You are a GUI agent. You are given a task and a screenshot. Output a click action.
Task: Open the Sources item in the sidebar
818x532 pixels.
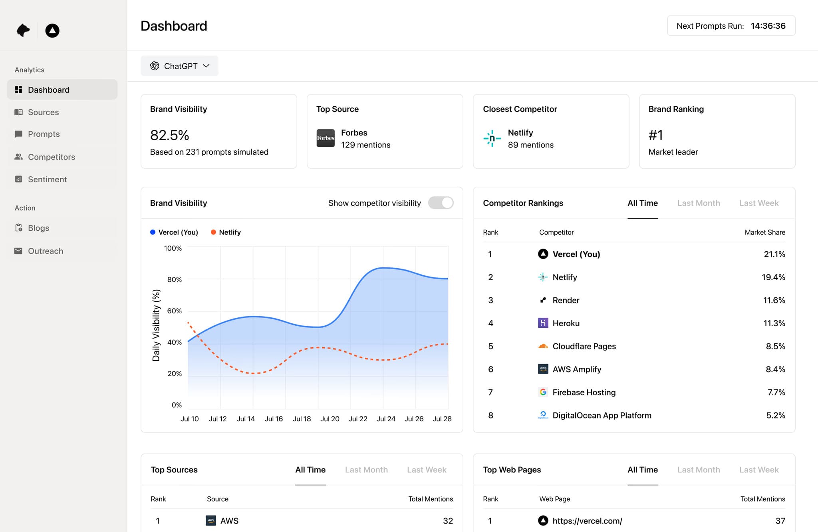(x=43, y=112)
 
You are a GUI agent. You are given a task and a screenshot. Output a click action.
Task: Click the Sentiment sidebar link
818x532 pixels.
(x=47, y=179)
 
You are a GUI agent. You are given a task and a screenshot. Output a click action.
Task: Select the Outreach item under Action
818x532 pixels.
(x=45, y=251)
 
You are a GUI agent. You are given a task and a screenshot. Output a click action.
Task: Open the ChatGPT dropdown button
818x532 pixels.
(x=179, y=66)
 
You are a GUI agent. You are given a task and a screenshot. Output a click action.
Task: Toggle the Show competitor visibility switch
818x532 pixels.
(x=441, y=203)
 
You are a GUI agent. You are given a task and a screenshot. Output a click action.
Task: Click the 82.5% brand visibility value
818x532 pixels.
(x=169, y=135)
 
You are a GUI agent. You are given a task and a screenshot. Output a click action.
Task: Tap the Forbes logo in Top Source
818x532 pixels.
(x=326, y=138)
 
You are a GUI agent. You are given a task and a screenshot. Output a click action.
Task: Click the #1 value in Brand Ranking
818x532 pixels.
(x=655, y=135)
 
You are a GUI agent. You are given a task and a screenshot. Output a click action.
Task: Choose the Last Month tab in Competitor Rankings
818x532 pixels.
(x=698, y=203)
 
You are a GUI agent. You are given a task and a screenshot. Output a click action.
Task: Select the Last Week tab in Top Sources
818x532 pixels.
(x=426, y=470)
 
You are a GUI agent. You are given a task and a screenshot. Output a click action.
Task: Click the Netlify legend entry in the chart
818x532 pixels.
(x=226, y=232)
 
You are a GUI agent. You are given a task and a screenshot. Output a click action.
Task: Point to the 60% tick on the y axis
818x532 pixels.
(x=174, y=311)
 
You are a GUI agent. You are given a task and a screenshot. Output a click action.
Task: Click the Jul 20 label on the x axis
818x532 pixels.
(x=330, y=419)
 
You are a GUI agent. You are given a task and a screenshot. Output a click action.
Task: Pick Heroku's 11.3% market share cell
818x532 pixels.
(x=774, y=323)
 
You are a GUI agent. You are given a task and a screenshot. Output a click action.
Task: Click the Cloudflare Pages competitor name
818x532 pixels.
(x=584, y=346)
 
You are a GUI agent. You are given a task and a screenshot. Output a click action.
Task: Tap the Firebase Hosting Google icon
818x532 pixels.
(x=543, y=392)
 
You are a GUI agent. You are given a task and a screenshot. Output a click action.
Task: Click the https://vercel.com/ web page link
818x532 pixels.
(x=587, y=521)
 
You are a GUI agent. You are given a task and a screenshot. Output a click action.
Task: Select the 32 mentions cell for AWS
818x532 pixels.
(x=448, y=521)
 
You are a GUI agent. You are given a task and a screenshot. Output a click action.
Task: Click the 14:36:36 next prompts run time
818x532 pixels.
(x=768, y=26)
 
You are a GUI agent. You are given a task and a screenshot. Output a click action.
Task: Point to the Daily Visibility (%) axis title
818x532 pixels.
(x=156, y=325)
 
